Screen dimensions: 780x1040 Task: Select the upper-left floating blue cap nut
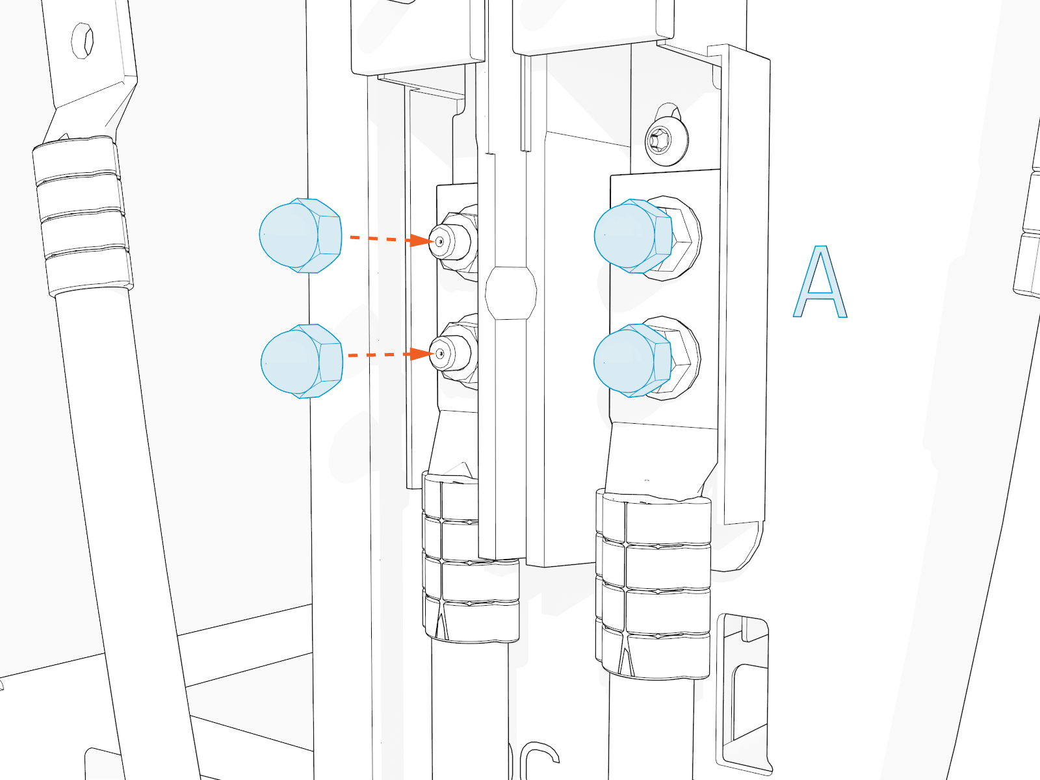pos(299,235)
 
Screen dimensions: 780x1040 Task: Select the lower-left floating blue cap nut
pos(301,361)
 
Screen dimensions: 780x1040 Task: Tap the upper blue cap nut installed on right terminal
pos(632,235)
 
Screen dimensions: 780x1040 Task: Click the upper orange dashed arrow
pos(390,239)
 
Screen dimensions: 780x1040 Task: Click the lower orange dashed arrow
pos(390,355)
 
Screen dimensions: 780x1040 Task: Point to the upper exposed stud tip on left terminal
pos(441,242)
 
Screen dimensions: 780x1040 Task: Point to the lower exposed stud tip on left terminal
pos(441,354)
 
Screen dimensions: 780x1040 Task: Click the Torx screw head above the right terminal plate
pos(666,138)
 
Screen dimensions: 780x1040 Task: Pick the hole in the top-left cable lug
pos(84,40)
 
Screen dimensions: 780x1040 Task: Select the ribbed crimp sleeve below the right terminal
pos(653,585)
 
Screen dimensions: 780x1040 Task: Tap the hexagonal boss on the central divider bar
pos(511,292)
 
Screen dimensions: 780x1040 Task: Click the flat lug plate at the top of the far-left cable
pos(91,65)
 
